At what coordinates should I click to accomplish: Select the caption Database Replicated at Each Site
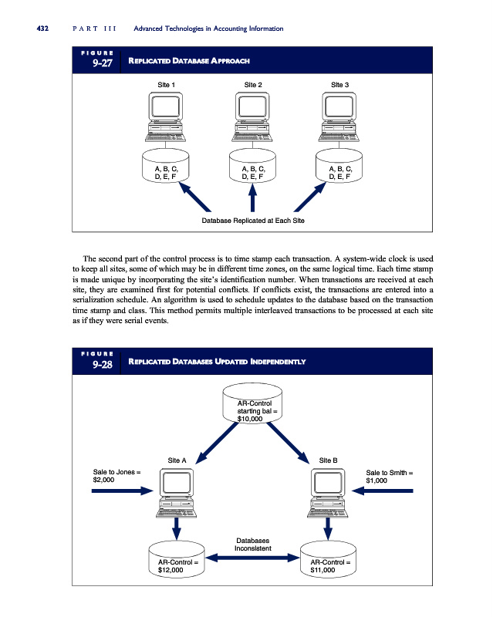point(253,221)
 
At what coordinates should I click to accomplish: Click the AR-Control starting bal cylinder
point(253,410)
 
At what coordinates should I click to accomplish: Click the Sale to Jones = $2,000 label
point(116,476)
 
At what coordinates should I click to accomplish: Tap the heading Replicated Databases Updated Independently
point(217,361)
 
